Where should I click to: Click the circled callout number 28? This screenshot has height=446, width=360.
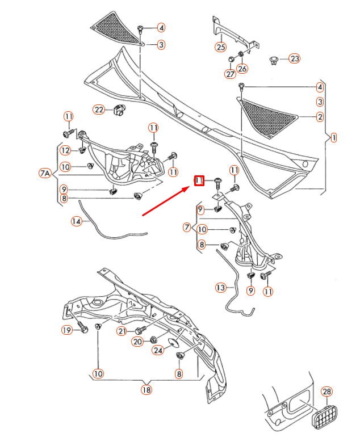(326, 392)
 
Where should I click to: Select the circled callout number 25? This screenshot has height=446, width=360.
(220, 47)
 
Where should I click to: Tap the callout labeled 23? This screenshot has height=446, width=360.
(294, 58)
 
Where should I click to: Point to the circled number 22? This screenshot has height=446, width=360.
(99, 110)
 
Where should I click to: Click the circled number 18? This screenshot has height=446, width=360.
(146, 390)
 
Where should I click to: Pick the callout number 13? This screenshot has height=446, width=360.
(220, 288)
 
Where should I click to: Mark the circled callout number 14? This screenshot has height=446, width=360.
(76, 221)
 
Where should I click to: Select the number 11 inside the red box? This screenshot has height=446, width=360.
(199, 181)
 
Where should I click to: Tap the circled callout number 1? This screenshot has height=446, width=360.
(333, 137)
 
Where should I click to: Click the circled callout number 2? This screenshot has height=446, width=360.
(320, 117)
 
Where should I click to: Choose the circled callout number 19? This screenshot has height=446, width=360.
(67, 330)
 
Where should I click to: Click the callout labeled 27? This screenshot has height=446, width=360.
(230, 74)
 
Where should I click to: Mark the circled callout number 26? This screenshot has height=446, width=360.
(242, 69)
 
